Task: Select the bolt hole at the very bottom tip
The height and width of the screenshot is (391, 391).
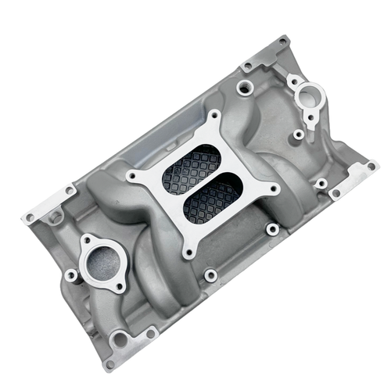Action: tap(110, 363)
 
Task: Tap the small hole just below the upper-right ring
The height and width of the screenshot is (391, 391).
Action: tap(310, 117)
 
